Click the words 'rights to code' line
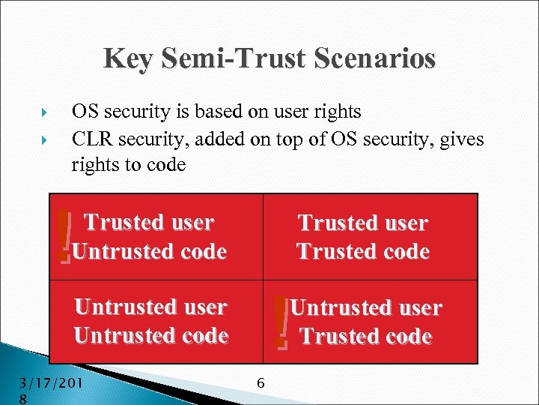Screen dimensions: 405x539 coord(128,164)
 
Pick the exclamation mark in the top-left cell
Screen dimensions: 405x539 coord(64,236)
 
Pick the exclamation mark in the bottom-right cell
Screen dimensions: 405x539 coord(281,322)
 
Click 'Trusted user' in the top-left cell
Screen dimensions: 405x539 coord(149,223)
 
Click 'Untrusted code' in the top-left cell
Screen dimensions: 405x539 coord(150,251)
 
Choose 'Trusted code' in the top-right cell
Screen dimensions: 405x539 coord(363,251)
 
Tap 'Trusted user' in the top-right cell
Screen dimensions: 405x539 coord(363,223)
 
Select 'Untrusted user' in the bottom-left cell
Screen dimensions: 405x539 coord(150,307)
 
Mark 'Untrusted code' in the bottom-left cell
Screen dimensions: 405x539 coord(150,335)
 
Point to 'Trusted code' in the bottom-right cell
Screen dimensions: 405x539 coord(366,336)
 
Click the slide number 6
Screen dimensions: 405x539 coord(261,383)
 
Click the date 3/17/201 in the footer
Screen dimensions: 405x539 coord(50,384)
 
